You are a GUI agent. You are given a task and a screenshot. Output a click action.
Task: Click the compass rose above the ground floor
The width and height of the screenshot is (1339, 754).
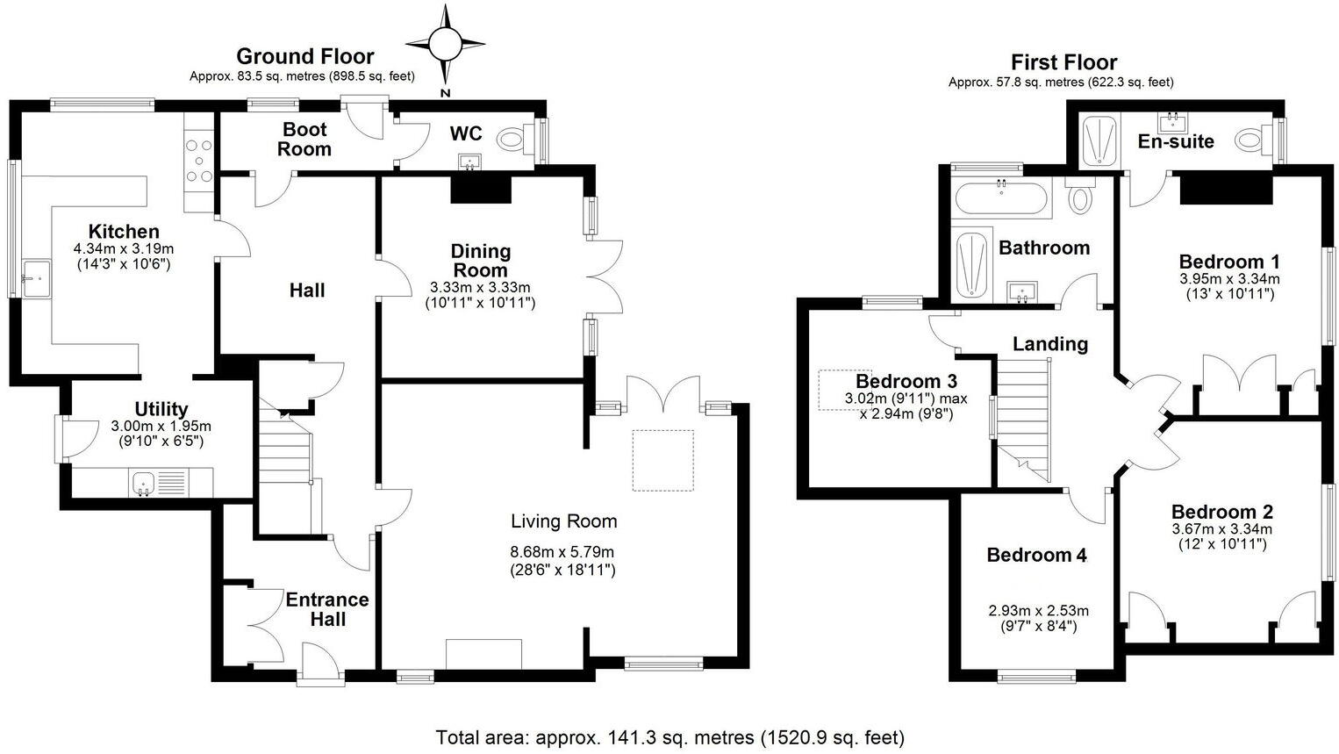[445, 44]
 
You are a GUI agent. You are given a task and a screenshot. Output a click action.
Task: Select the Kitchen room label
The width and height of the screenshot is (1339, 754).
[124, 232]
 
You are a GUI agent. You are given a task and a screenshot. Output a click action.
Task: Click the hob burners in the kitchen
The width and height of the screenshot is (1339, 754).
[198, 161]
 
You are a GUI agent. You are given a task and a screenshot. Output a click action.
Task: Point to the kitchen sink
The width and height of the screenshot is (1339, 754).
[36, 278]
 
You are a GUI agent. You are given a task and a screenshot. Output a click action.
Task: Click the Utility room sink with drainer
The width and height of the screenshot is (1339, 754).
[159, 483]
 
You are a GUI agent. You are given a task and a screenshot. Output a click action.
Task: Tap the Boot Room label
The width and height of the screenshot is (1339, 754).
[304, 139]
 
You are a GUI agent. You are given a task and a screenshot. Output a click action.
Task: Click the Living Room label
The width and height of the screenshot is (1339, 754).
[563, 521]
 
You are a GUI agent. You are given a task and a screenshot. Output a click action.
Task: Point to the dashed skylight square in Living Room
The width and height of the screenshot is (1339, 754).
[663, 461]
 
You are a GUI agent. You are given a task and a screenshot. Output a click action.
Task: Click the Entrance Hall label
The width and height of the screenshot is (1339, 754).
[327, 609]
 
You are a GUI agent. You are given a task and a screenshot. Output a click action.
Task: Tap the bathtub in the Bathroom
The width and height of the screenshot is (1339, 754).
[1001, 197]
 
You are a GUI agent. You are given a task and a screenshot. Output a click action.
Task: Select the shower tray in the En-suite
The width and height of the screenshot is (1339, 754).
[1100, 142]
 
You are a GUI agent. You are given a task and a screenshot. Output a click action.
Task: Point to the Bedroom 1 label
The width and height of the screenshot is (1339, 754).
[1229, 262]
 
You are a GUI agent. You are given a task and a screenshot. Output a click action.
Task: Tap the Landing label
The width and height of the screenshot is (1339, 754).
[1050, 344]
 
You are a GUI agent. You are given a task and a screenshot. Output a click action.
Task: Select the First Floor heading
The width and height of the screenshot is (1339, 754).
[1064, 62]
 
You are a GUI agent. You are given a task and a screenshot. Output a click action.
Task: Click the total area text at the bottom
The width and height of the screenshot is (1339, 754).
[669, 738]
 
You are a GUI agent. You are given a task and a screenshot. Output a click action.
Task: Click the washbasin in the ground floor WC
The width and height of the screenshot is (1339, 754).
[472, 161]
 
